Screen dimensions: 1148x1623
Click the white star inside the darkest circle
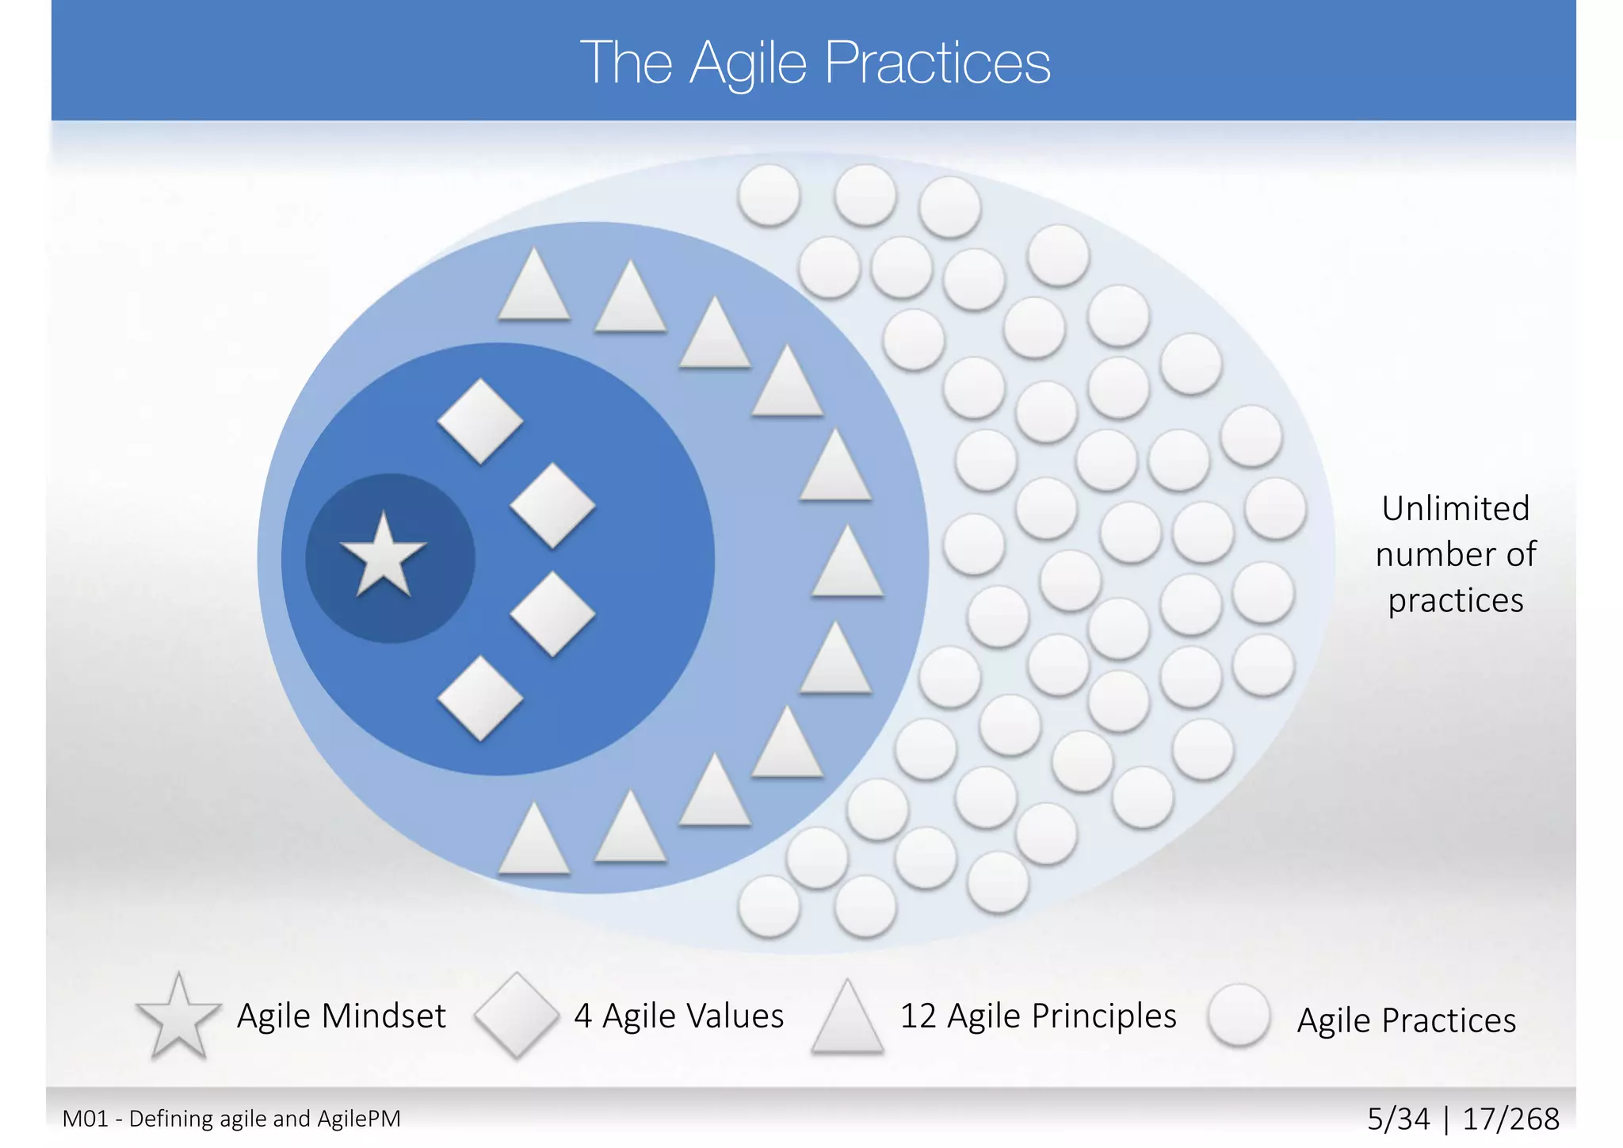[384, 557]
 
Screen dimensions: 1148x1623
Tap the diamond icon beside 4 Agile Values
[517, 1015]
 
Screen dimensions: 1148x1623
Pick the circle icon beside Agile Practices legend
[1239, 1015]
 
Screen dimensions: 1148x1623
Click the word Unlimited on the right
[1455, 508]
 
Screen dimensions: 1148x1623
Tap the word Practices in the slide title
[938, 63]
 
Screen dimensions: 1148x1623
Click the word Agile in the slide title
[748, 63]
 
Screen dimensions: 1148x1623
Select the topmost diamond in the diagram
[480, 421]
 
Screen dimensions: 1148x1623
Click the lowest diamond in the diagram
[480, 698]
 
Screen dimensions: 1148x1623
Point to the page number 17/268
[1510, 1119]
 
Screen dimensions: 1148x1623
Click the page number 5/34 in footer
[1399, 1119]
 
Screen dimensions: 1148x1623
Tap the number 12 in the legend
[918, 1016]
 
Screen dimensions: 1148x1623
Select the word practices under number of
[1455, 600]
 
